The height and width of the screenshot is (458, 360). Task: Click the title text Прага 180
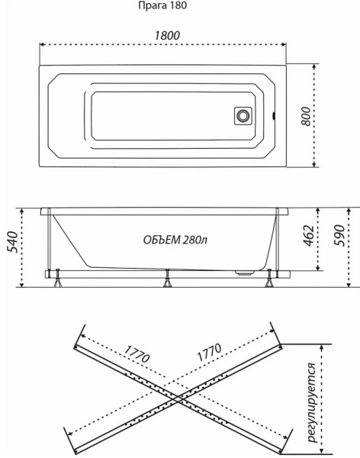tap(162, 6)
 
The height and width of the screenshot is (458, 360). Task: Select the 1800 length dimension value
tap(167, 36)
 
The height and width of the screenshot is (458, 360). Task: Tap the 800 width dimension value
tap(306, 116)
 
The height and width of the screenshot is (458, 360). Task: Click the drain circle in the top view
tap(243, 116)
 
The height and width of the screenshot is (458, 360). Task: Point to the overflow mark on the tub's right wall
tap(274, 116)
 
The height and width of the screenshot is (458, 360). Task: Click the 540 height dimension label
tap(12, 242)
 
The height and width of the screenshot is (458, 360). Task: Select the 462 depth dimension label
tap(308, 235)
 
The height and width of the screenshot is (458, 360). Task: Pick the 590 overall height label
tap(339, 235)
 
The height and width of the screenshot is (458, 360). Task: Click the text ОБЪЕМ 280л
tap(175, 240)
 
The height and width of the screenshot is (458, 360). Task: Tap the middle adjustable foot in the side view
tap(167, 278)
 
